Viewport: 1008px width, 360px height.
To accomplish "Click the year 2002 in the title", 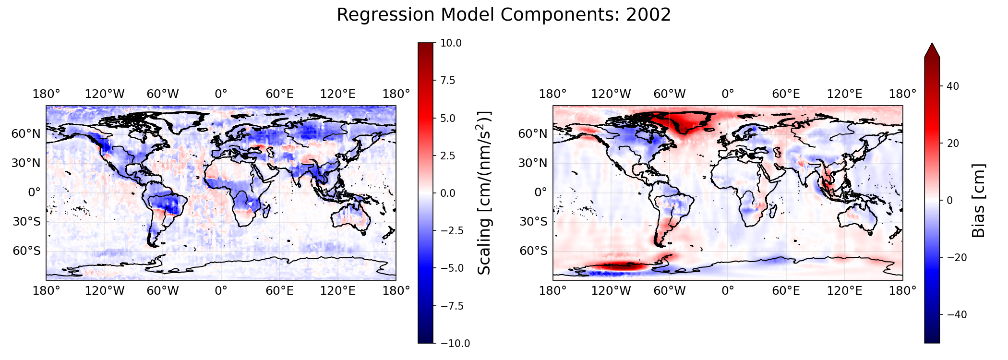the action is [x=648, y=15].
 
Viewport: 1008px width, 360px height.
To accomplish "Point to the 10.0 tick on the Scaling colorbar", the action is [x=451, y=43].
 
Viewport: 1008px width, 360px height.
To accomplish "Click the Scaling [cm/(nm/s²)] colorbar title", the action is [x=485, y=193].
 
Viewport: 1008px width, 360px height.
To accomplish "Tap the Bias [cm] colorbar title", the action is [x=978, y=200].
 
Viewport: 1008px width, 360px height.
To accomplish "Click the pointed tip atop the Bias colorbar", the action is [x=932, y=43].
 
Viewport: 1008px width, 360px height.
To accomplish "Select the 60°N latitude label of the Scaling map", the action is [x=26, y=133].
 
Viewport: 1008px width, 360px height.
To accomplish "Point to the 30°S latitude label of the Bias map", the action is [x=533, y=222].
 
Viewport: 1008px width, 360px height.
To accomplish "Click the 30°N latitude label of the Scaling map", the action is [x=26, y=163].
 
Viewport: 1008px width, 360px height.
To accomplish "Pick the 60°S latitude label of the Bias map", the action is [x=533, y=251].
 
